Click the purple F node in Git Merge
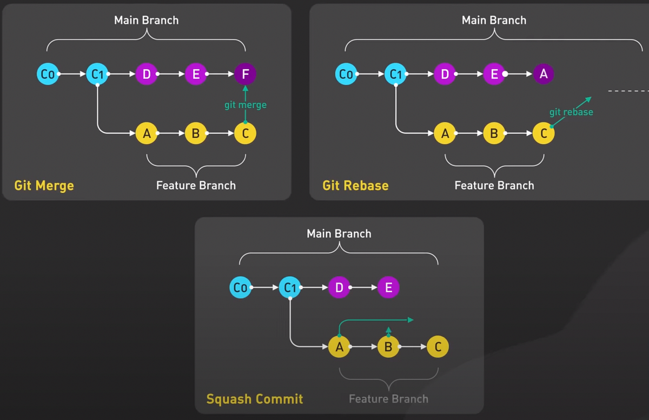(245, 74)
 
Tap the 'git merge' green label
(246, 105)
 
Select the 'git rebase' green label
(571, 112)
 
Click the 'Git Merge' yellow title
(44, 186)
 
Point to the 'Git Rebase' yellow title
(355, 186)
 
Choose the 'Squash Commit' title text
(254, 399)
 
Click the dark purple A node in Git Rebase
(544, 74)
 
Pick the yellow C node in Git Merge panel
(245, 133)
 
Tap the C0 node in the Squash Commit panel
(240, 288)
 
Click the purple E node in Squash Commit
(388, 288)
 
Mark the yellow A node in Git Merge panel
(146, 133)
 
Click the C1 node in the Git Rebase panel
(395, 74)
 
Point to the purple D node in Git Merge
(146, 74)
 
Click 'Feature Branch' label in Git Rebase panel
(494, 186)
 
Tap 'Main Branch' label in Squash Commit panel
(339, 234)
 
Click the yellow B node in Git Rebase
(494, 133)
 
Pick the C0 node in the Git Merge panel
(48, 74)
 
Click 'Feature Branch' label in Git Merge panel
(196, 186)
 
